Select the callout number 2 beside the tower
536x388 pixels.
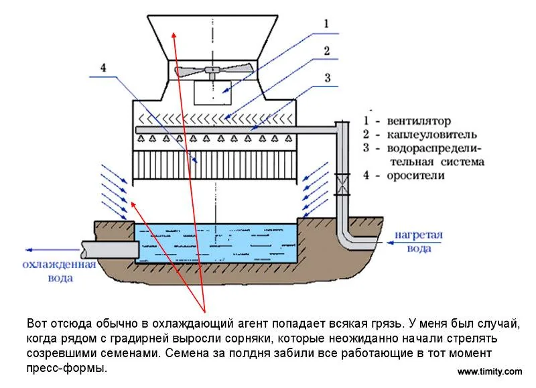tap(326, 51)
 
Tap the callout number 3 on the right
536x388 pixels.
tap(327, 78)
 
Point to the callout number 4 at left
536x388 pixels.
tap(103, 68)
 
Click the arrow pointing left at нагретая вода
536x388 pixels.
tap(395, 235)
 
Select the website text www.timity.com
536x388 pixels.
tap(489, 372)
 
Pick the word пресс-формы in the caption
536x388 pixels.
tap(66, 368)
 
